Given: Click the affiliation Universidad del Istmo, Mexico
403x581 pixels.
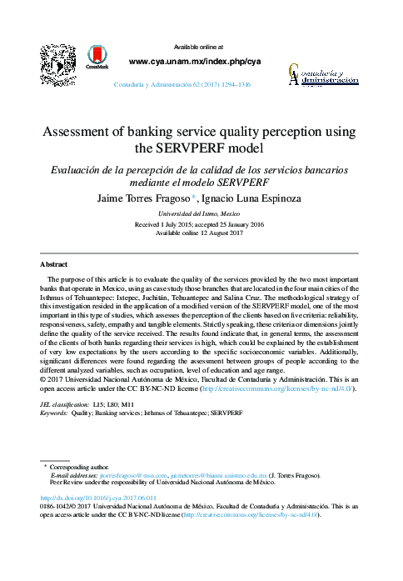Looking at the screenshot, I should point(201,214).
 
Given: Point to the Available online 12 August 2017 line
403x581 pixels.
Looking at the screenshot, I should point(201,233).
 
